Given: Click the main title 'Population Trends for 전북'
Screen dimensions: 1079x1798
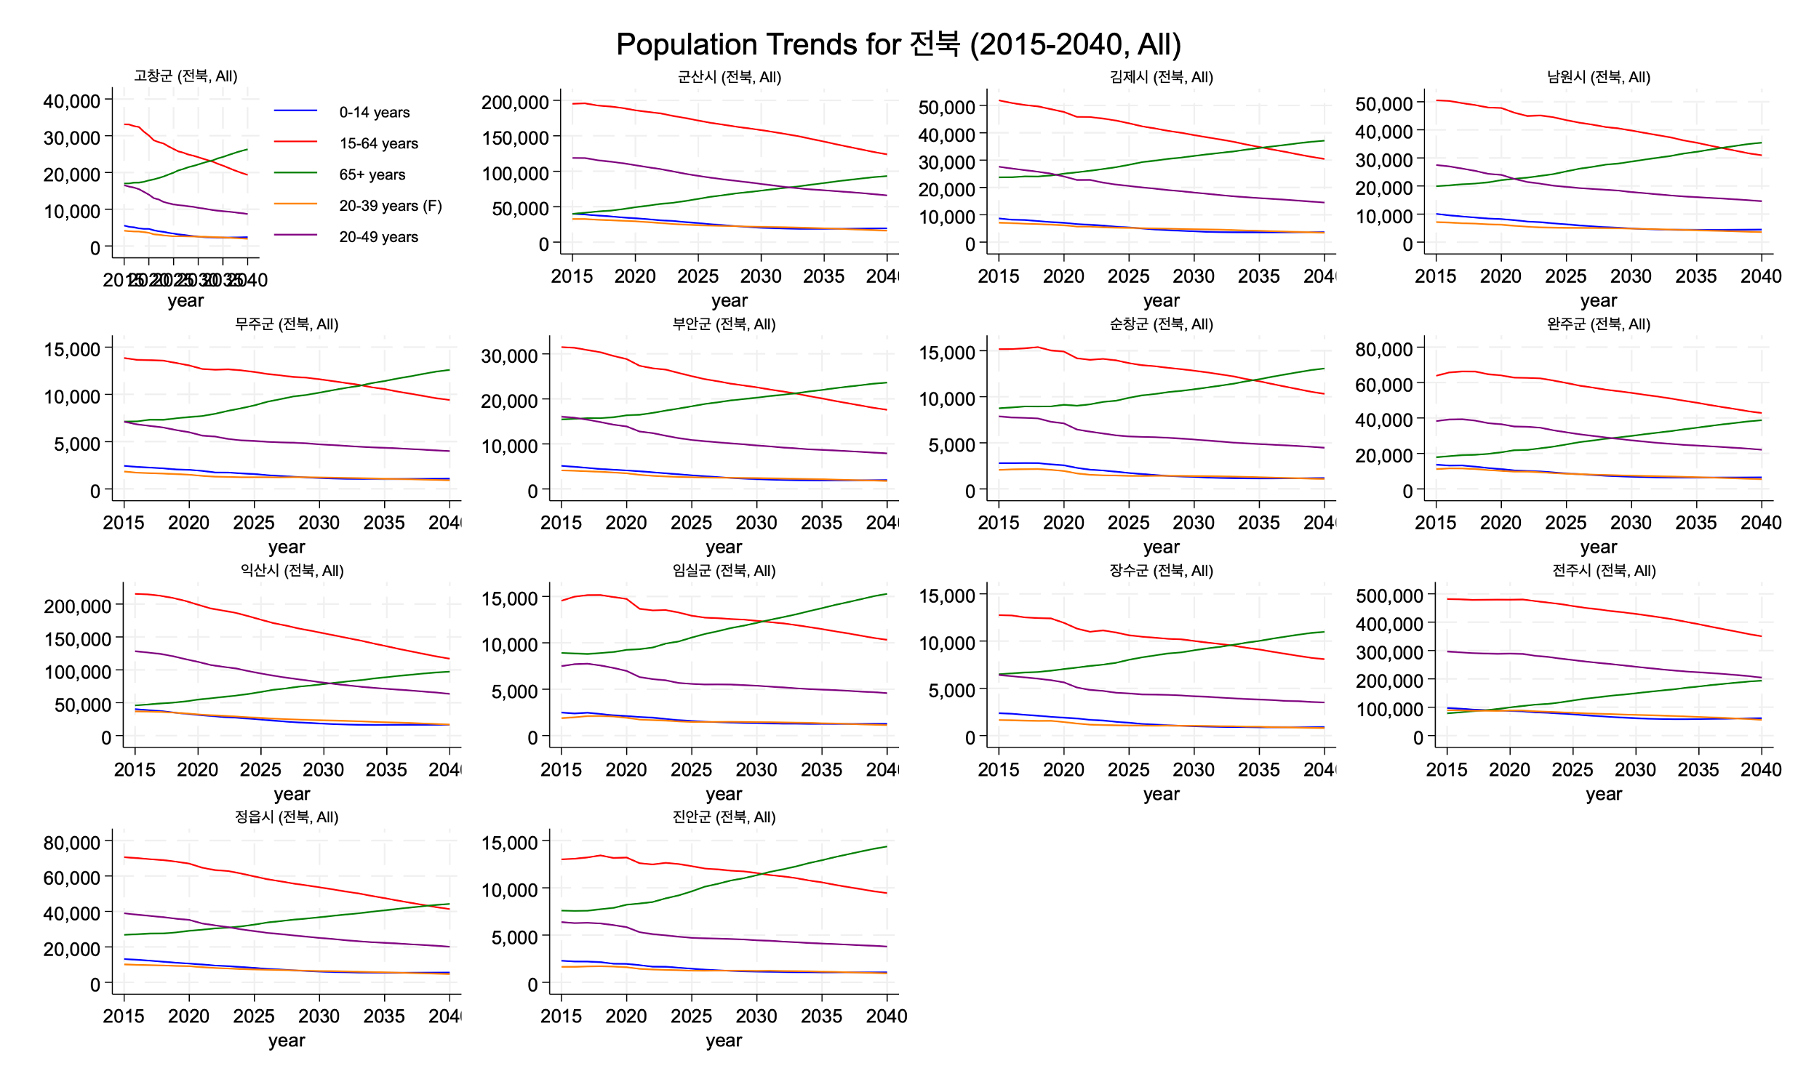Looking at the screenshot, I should point(898,44).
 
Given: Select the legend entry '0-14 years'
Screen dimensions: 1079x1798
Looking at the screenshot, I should point(374,112).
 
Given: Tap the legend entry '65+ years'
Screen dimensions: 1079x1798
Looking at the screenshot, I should point(372,175).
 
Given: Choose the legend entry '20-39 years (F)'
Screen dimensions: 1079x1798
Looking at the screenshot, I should point(390,206).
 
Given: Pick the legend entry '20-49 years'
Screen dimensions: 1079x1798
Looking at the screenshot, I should point(378,237).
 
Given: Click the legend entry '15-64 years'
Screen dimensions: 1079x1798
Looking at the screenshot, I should point(378,143).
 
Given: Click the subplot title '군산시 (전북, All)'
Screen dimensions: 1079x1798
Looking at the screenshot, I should point(729,77).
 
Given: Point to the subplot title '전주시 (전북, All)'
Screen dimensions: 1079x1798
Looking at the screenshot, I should point(1603,571).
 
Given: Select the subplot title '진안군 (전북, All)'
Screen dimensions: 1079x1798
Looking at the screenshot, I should point(724,817).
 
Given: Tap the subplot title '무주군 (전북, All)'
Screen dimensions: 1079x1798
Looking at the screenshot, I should point(287,324).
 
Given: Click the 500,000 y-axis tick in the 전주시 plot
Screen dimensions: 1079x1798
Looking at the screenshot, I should point(1389,595).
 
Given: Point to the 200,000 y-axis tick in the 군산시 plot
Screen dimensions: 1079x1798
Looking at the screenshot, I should point(515,102).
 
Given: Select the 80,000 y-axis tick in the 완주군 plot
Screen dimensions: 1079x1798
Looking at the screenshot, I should point(1383,349).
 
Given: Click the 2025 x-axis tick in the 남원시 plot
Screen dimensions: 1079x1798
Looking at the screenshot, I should point(1565,276).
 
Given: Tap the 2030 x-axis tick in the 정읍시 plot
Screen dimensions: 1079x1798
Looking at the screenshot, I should point(319,1016).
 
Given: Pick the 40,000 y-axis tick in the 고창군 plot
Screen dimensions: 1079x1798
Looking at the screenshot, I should point(71,100).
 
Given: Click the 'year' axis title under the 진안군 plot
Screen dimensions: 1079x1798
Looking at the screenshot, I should point(724,1040).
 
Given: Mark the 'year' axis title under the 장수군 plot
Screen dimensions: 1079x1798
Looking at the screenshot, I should point(1161,794).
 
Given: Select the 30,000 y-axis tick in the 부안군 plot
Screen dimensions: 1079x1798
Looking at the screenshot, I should point(509,356).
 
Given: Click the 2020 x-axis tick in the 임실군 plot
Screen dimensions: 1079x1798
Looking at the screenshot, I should point(626,769).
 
